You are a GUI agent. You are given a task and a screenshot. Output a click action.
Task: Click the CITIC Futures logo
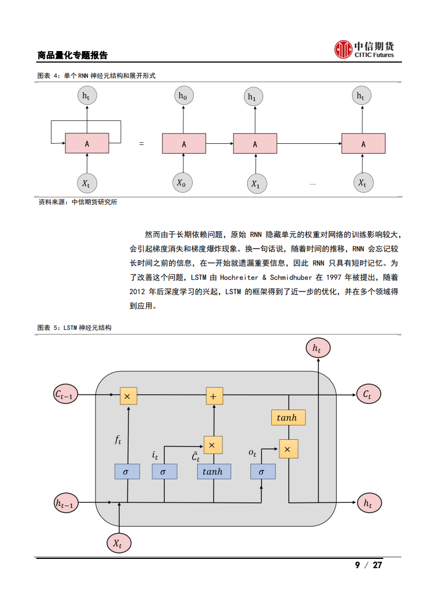[365, 49]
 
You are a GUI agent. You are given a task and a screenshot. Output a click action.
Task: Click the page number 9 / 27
[368, 565]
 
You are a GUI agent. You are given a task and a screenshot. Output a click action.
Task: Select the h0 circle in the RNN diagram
[183, 96]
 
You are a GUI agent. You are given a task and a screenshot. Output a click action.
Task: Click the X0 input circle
[181, 183]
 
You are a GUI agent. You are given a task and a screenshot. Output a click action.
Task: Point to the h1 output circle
[253, 97]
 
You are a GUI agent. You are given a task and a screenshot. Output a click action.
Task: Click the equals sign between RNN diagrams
[141, 144]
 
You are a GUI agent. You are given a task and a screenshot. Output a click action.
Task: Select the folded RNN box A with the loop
[87, 143]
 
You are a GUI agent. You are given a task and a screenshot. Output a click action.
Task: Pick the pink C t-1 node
[66, 394]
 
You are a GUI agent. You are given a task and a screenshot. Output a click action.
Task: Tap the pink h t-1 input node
[66, 502]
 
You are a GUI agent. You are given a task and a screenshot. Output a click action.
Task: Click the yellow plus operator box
[214, 396]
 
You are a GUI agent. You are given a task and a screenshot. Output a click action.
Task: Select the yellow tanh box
[288, 418]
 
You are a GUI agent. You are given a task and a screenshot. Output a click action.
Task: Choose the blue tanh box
[213, 471]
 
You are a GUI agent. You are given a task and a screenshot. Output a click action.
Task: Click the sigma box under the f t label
[127, 471]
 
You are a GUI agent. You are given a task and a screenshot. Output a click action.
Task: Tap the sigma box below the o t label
[262, 471]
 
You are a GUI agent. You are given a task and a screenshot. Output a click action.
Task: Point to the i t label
[155, 455]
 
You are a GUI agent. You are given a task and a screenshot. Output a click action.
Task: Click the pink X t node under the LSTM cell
[118, 543]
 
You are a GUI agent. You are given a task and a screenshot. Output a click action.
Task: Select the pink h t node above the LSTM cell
[317, 348]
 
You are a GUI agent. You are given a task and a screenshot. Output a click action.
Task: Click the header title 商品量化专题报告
[72, 55]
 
